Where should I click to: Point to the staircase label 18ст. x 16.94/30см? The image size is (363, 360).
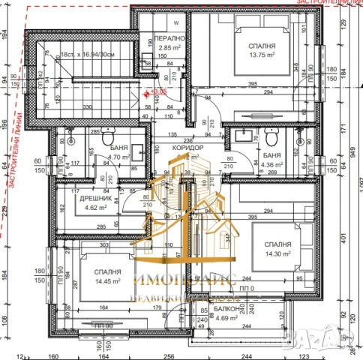click(87, 54)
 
